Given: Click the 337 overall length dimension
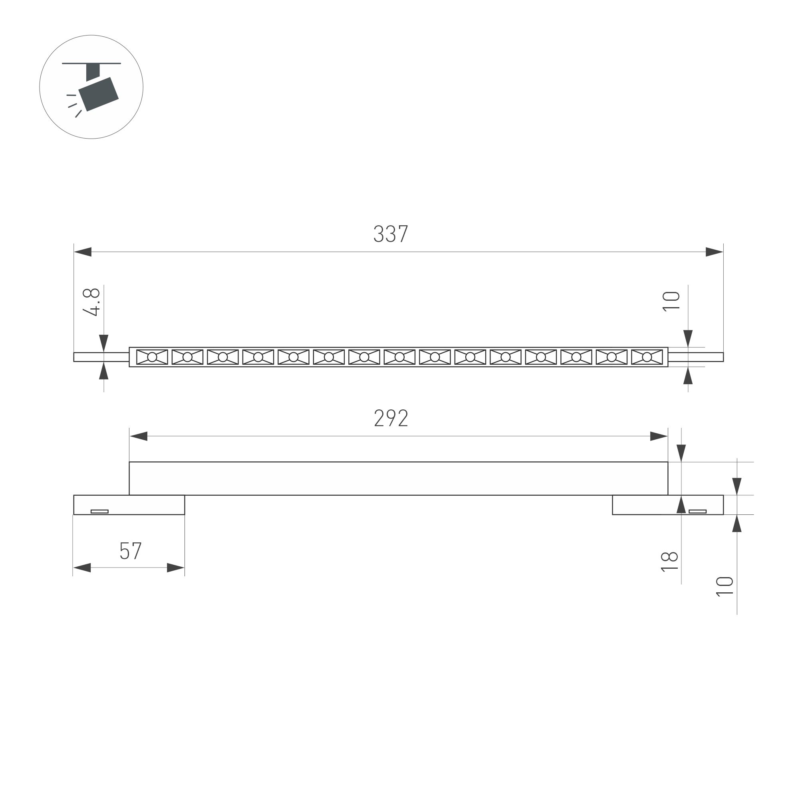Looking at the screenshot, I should click(391, 234).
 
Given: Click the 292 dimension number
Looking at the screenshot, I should click(391, 418).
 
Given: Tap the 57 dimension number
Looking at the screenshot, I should click(131, 551).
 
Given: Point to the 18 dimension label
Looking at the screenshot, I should click(669, 562).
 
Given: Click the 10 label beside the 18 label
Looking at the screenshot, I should click(725, 587).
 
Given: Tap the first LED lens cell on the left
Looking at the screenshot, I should click(152, 357).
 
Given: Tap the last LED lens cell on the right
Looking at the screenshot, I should click(647, 357).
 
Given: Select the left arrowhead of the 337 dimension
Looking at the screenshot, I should click(83, 252).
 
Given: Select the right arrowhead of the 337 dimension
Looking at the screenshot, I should click(715, 252).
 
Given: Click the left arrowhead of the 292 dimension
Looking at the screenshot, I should click(139, 436).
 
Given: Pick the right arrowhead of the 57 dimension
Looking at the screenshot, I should click(176, 568).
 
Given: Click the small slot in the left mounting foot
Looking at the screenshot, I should click(99, 511).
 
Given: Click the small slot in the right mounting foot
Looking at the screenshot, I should click(698, 511).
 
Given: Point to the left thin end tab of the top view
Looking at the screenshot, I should click(101, 357).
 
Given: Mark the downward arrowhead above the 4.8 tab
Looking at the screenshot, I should click(104, 343).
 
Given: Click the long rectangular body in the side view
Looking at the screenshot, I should click(398, 478).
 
